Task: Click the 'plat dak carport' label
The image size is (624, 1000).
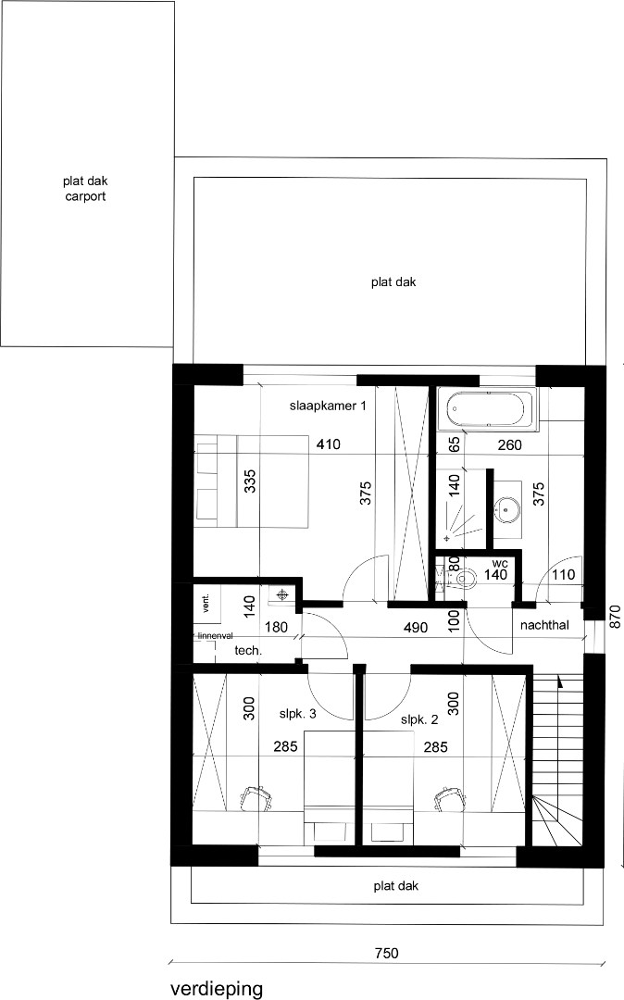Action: pos(85,189)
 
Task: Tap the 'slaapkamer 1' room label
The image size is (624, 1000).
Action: pos(321,406)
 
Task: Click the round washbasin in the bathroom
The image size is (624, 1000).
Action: pos(507,507)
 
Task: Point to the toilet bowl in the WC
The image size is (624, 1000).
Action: pos(466,580)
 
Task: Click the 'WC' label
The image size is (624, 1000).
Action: pos(500,563)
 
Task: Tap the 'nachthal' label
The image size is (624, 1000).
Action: pos(543,626)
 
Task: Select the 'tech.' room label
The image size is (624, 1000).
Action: pos(248,651)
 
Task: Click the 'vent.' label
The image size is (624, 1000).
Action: pos(206,604)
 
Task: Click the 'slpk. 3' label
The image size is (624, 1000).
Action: pos(298,714)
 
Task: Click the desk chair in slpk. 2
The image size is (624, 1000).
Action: pos(449,796)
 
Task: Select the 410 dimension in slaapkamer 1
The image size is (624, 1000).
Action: pos(328,445)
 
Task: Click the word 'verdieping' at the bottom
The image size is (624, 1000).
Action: pos(217,988)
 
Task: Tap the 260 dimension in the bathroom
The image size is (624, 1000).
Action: pos(509,445)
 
